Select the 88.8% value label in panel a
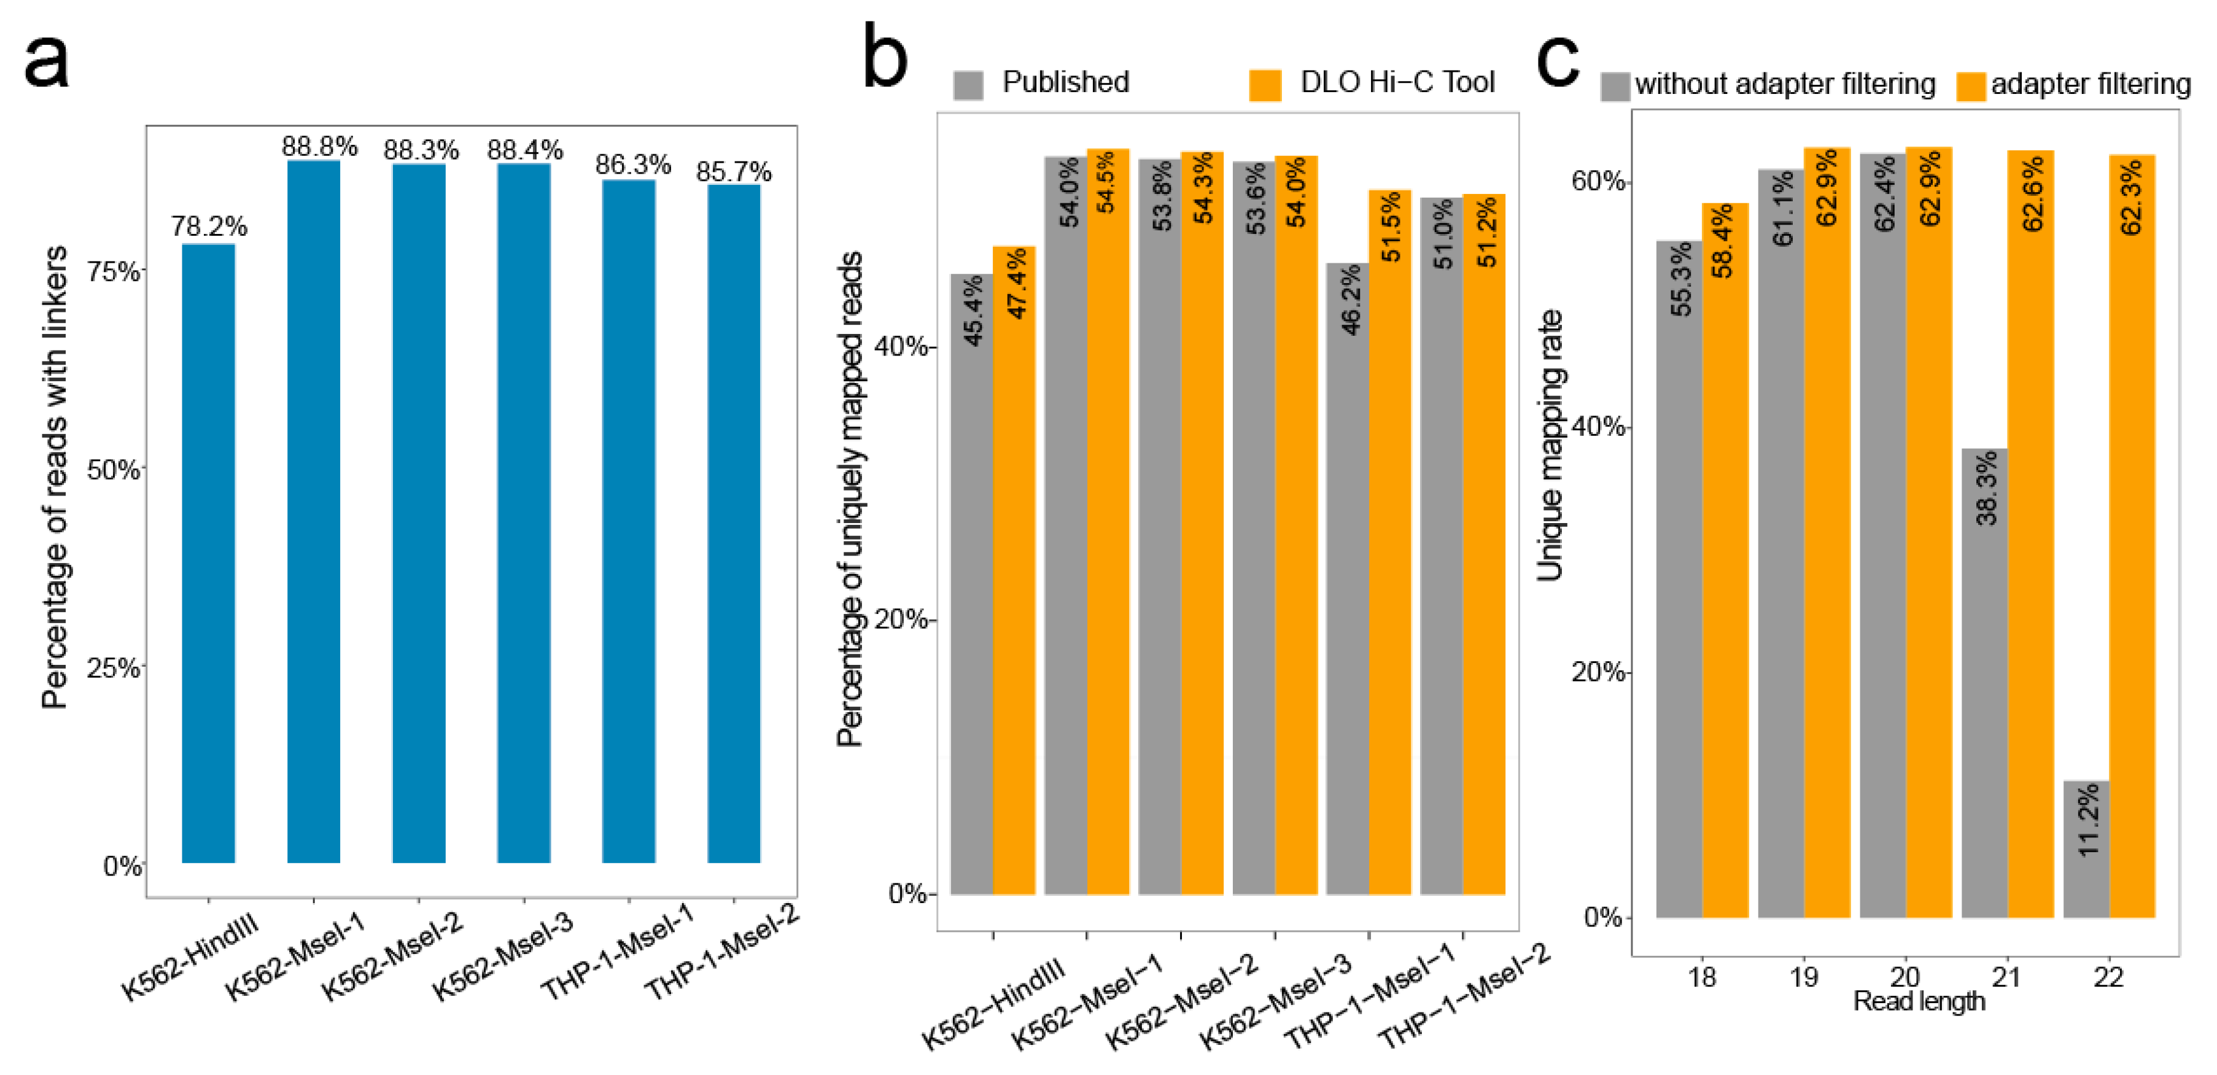tap(319, 146)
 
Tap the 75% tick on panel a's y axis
tap(114, 272)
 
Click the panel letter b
tap(884, 58)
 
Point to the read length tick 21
tap(2006, 977)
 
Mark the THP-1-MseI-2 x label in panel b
tap(1464, 996)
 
